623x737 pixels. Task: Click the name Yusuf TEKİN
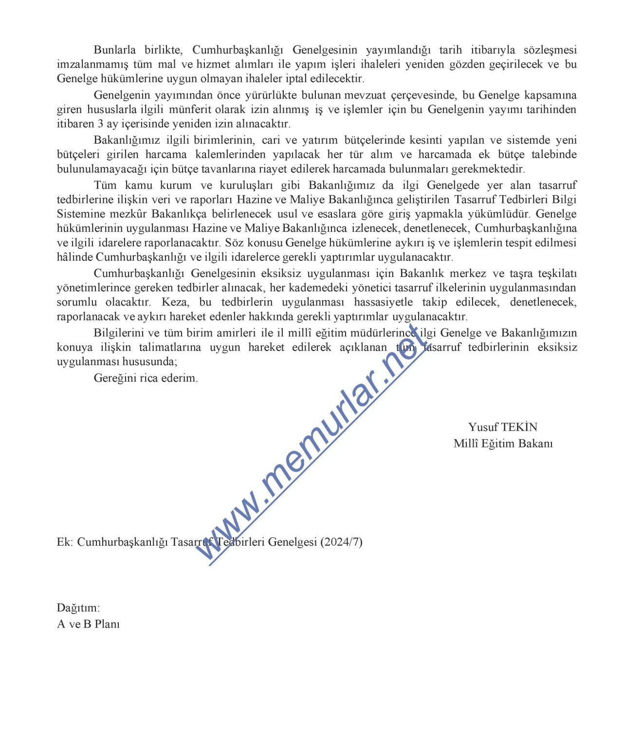(x=503, y=427)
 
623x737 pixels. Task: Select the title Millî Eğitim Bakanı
(x=503, y=443)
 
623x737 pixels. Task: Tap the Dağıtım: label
(x=78, y=608)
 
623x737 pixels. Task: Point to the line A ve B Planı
(x=88, y=624)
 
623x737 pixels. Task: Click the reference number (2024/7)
(x=341, y=542)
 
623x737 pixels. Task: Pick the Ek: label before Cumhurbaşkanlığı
(x=65, y=542)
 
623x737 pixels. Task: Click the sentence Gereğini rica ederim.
(x=146, y=378)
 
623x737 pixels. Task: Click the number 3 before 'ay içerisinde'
(x=100, y=124)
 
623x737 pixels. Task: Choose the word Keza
(x=175, y=302)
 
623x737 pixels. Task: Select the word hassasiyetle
(x=383, y=302)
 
